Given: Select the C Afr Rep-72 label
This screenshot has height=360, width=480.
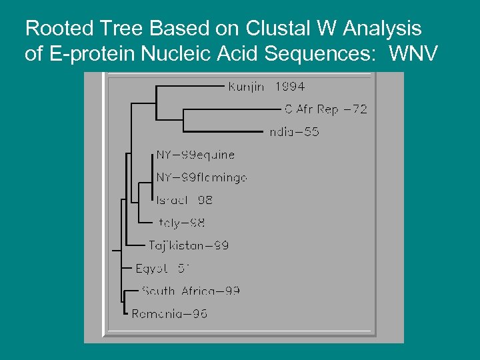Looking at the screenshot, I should [325, 109].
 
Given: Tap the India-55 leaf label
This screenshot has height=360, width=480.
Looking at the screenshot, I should [294, 132].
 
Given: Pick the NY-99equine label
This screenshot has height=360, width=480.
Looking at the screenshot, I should [195, 155].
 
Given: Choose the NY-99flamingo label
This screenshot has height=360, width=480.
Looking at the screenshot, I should [201, 177].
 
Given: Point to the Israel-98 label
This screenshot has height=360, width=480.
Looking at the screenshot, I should [184, 200].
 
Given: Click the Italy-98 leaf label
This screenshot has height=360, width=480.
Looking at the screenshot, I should [182, 223].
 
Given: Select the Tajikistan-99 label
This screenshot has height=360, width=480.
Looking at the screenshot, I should [189, 245].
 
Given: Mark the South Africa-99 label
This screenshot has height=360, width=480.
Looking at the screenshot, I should [191, 291].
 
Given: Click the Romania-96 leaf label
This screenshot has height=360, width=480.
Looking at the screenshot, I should [169, 313].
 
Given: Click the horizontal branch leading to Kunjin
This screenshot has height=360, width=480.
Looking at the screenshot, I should [190, 86].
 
